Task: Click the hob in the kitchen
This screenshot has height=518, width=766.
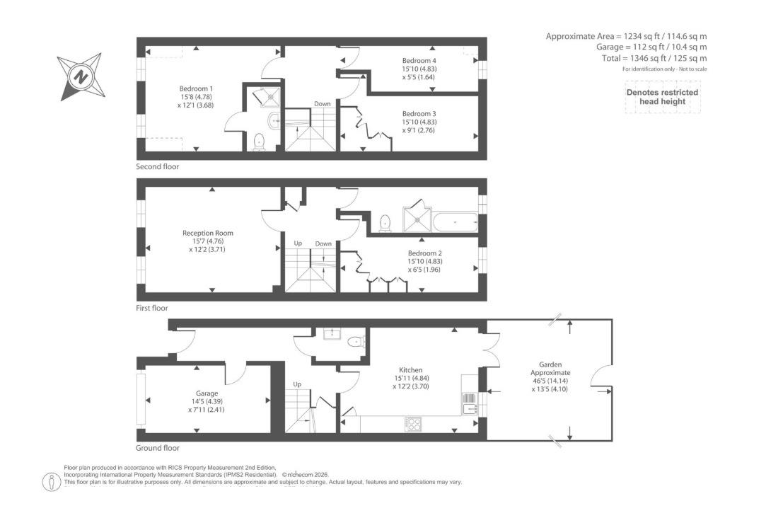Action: [414, 424]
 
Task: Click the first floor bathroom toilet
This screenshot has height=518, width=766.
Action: [385, 223]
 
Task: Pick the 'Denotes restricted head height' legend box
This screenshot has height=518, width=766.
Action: [662, 97]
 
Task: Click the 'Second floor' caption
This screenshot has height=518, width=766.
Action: [157, 167]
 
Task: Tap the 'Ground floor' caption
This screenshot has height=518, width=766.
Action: [157, 448]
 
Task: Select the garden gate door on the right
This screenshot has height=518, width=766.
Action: [601, 381]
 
